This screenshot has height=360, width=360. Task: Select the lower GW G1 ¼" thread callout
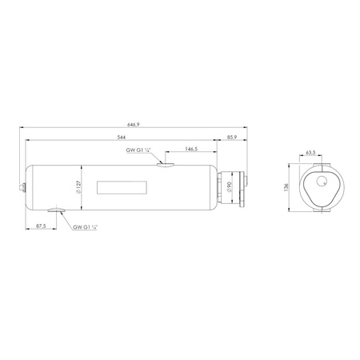click(86, 227)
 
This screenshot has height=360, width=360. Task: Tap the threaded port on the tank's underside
click(58, 212)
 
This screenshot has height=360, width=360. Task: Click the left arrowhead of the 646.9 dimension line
click(23, 126)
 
